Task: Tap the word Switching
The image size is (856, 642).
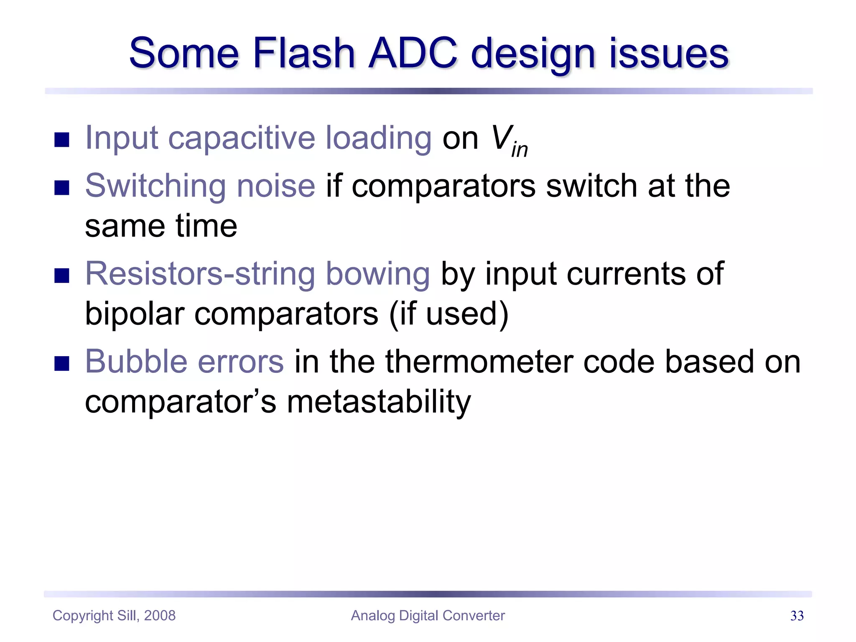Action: pyautogui.click(x=155, y=186)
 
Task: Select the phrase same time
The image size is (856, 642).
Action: pyautogui.click(x=161, y=226)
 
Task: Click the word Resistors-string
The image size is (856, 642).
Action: pyautogui.click(x=199, y=274)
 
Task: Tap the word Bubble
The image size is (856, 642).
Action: pyautogui.click(x=136, y=362)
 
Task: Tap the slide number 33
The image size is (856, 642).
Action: pyautogui.click(x=797, y=616)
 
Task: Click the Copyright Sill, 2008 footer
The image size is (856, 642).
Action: pyautogui.click(x=114, y=616)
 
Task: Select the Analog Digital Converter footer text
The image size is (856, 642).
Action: pyautogui.click(x=428, y=616)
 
